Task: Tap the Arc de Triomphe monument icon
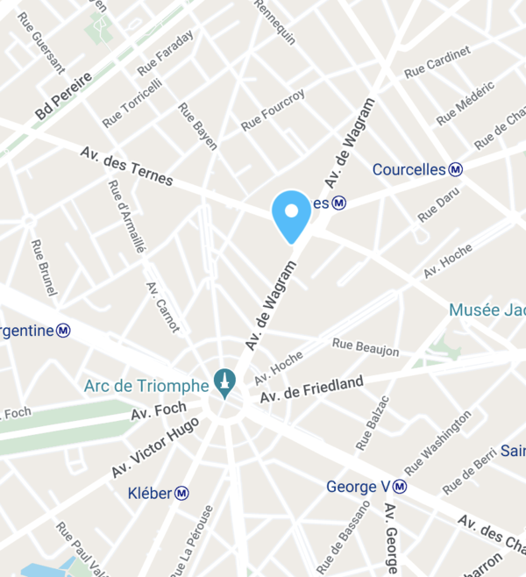click(224, 383)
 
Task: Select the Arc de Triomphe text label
click(146, 384)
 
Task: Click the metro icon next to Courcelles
click(456, 169)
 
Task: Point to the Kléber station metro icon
click(181, 493)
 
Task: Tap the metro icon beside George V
click(400, 486)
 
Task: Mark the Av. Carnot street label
click(162, 307)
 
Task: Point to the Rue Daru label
click(439, 203)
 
